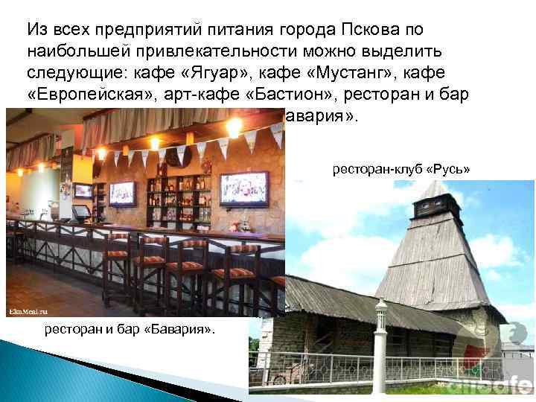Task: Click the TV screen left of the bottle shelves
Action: tap(123, 192)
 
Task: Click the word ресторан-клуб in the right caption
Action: tap(376, 169)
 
